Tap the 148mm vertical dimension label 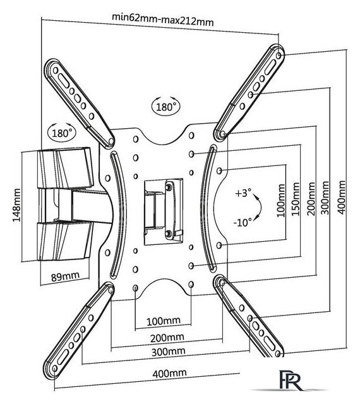pos(16,205)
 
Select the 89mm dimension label pos(65,276)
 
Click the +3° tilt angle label pos(243,193)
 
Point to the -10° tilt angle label pos(243,222)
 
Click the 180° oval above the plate pos(165,106)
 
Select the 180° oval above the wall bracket pos(62,133)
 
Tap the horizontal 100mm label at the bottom pos(164,321)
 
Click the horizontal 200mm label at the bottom pos(167,338)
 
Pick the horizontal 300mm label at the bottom pos(168,351)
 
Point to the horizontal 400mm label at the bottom pos(169,373)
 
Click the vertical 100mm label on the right pos(281,201)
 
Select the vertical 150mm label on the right pos(296,199)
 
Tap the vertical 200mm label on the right pos(311,198)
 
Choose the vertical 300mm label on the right pos(325,198)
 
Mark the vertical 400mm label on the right pos(341,197)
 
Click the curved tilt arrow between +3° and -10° pos(261,208)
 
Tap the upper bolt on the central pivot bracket pos(169,187)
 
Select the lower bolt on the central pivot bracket pos(169,234)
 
